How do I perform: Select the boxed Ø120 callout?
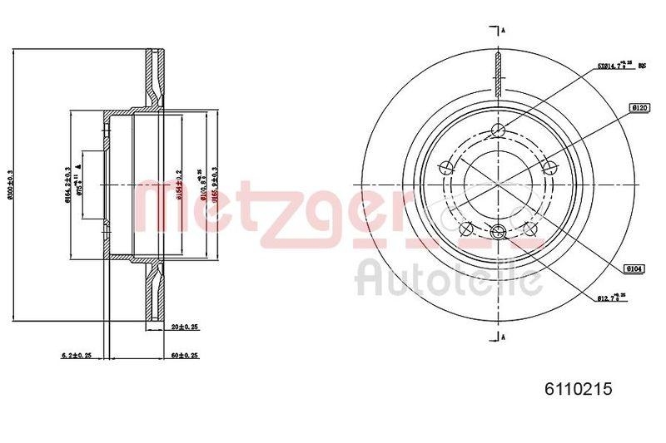click(x=639, y=107)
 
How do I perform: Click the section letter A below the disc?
click(x=502, y=336)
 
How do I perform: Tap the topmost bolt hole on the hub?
click(x=499, y=129)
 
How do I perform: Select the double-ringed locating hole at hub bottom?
click(x=499, y=232)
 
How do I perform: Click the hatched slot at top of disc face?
click(x=497, y=73)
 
